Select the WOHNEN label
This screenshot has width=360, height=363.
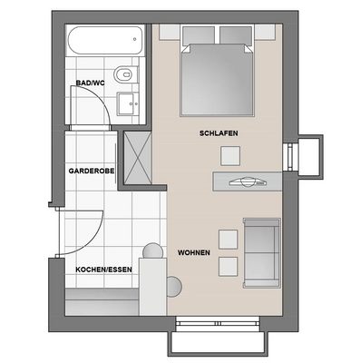[x=195, y=251]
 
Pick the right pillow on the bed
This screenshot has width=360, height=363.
[x=236, y=35]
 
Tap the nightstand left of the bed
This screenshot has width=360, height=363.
[x=170, y=33]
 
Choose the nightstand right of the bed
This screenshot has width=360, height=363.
[x=265, y=33]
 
